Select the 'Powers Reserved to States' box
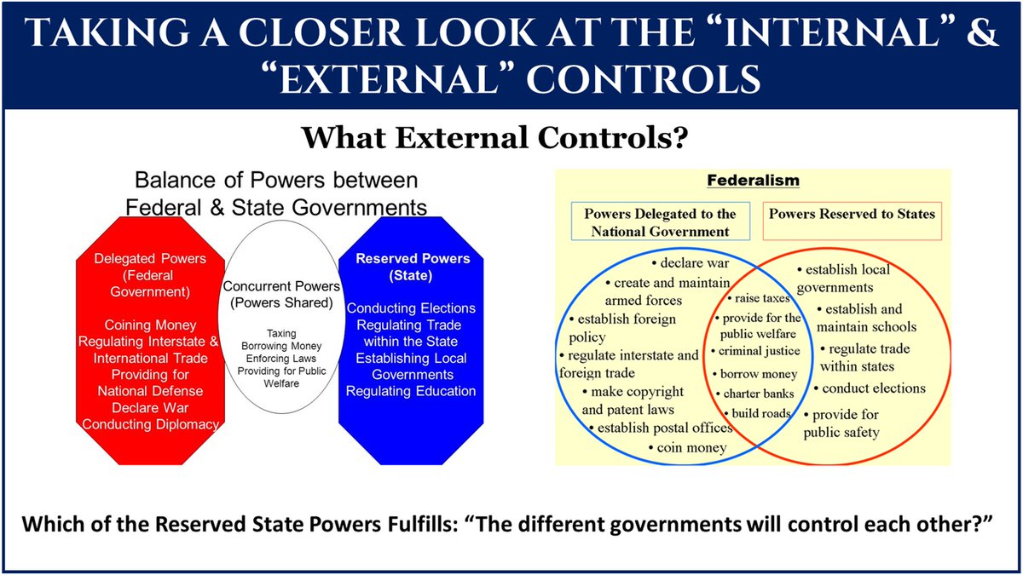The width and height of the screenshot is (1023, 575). [852, 214]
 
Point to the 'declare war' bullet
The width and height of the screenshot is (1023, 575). [690, 262]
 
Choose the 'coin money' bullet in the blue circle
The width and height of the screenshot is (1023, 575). [691, 447]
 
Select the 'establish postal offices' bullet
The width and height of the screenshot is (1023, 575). [663, 428]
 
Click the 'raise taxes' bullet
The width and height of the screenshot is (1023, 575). [759, 298]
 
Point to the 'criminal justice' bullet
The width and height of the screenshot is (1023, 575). [758, 351]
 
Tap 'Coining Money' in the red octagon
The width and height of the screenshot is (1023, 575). [150, 325]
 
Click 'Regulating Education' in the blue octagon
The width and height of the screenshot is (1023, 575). [411, 391]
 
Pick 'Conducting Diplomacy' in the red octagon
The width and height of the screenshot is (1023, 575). [150, 423]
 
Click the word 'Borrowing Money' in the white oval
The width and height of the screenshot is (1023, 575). [277, 347]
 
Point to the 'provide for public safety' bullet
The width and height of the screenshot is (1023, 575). [845, 423]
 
